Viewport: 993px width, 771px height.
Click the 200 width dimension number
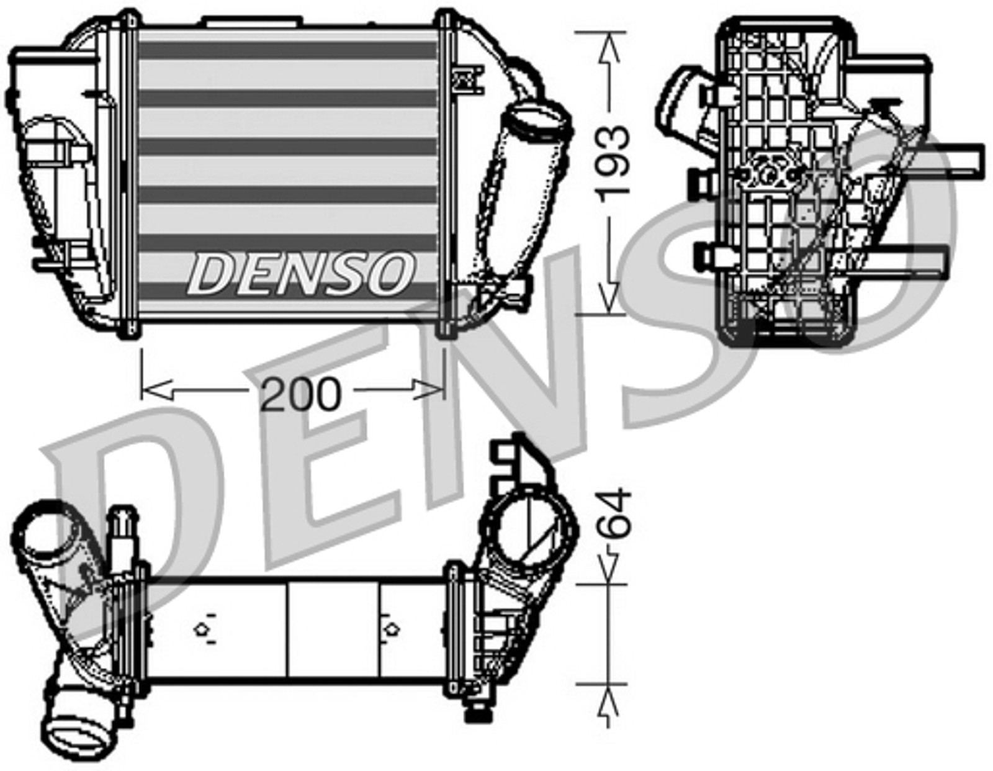pos(300,394)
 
